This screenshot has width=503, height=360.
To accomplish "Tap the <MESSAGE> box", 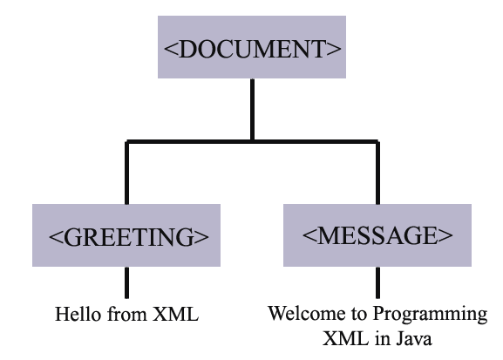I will click(x=377, y=234).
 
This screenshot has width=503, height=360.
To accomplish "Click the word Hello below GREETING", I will click(x=73, y=314).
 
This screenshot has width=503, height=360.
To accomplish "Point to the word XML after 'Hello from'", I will click(x=179, y=314).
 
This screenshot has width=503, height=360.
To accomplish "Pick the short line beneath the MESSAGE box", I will click(x=377, y=281).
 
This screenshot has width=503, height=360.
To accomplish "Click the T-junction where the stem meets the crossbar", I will click(x=251, y=140).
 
